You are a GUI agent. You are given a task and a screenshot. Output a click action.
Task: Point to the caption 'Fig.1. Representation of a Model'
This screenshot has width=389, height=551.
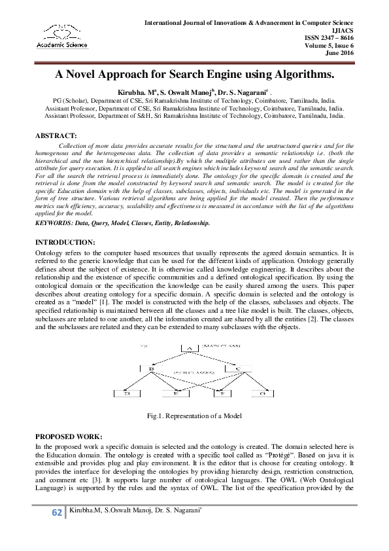[x=194, y=416]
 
